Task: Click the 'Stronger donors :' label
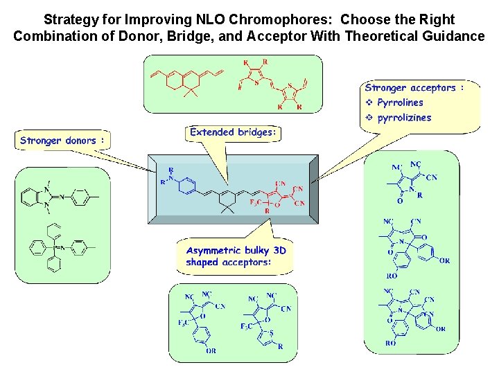[62, 141]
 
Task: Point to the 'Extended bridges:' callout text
[233, 132]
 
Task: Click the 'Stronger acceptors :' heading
[414, 88]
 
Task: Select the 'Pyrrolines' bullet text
[400, 103]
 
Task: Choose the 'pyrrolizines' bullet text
[404, 117]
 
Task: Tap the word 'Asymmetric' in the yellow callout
[213, 250]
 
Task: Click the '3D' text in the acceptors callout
[279, 250]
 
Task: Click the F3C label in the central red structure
[256, 202]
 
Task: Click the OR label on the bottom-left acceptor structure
[211, 351]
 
